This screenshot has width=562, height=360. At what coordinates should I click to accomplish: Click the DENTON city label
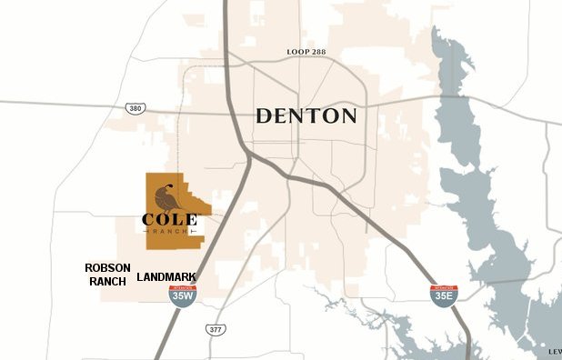[306, 116]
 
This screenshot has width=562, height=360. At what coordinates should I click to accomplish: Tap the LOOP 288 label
[306, 53]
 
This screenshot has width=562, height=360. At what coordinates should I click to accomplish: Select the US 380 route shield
[134, 108]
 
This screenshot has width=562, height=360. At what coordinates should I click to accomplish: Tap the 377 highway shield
[216, 329]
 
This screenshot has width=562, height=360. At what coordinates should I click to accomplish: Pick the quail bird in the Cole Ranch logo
[166, 196]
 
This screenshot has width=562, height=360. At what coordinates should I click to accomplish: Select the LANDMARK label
[166, 277]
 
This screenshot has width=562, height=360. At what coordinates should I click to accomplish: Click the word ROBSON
[107, 268]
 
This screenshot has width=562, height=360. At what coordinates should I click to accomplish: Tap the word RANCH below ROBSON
[107, 282]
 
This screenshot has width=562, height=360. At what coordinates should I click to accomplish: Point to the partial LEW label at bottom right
[554, 351]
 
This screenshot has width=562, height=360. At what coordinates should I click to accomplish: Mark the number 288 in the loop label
[316, 53]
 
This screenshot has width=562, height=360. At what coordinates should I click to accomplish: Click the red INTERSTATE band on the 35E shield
[443, 287]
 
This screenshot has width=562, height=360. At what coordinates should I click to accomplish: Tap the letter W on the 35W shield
[190, 295]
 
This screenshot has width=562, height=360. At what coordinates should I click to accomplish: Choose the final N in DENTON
[348, 116]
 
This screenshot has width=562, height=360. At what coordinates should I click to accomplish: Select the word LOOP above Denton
[295, 53]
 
